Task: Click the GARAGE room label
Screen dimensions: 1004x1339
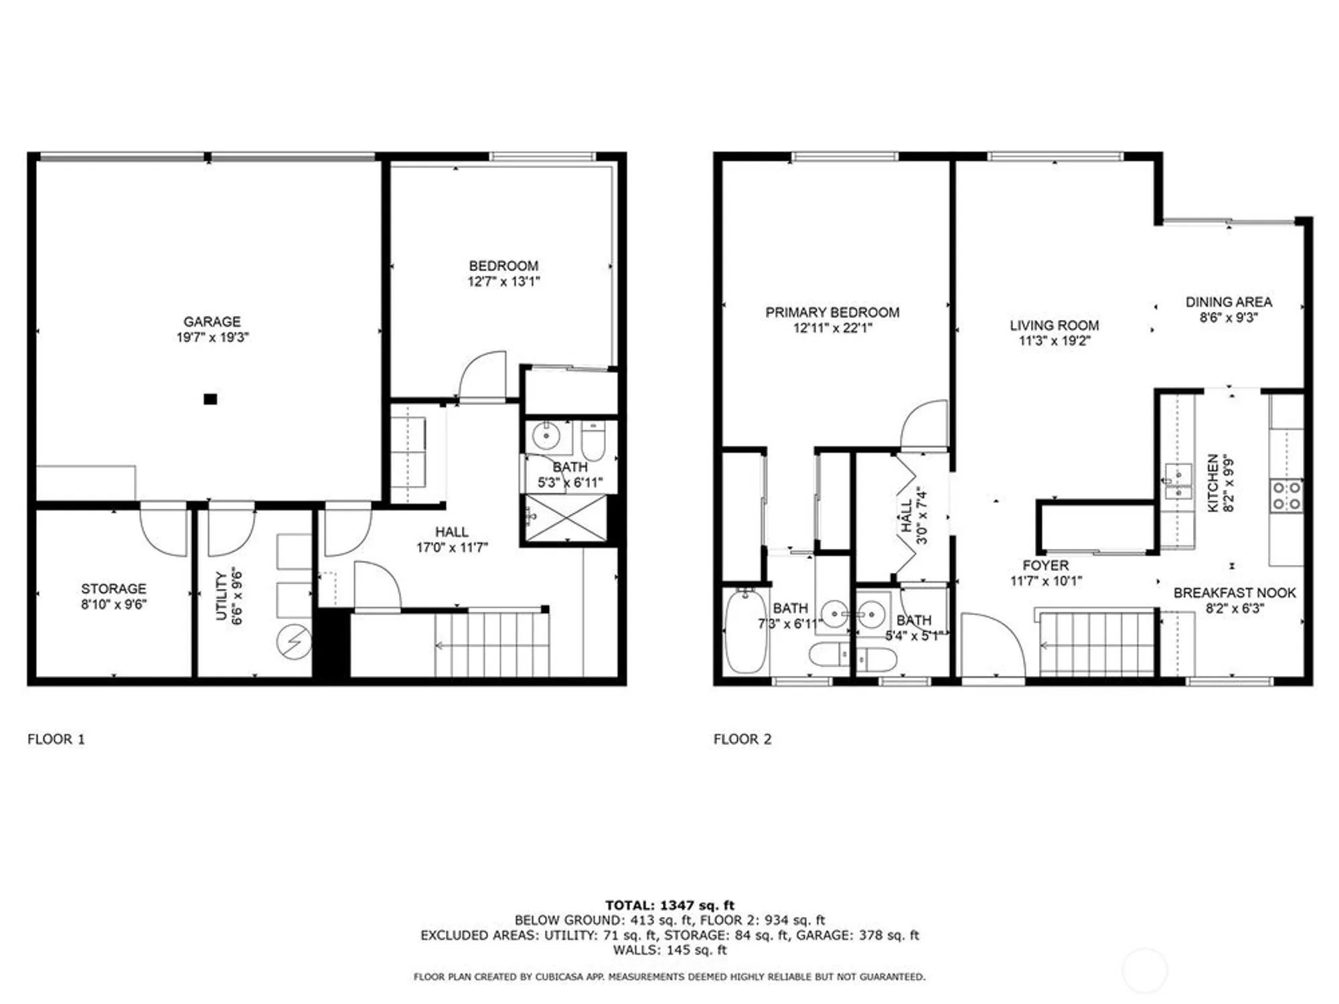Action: [x=212, y=321]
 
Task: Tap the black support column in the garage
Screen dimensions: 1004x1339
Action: [x=210, y=399]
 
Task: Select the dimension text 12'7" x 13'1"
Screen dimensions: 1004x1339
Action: [x=503, y=282]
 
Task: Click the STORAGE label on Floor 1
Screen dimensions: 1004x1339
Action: [x=113, y=588]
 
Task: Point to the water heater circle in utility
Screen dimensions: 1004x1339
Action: [x=294, y=642]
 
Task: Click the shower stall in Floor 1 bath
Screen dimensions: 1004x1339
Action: [x=566, y=519]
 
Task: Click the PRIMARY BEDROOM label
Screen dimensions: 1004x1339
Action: [x=832, y=312]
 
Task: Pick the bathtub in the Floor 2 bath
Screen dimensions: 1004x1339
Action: [x=746, y=631]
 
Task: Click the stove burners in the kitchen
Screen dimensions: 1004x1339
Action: [x=1287, y=496]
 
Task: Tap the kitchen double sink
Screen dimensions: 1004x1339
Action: [x=1178, y=483]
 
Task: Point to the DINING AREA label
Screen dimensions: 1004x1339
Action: [x=1229, y=302]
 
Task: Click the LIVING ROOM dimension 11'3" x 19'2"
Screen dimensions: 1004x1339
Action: [x=1054, y=341]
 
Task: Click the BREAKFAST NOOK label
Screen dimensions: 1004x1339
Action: [x=1235, y=592]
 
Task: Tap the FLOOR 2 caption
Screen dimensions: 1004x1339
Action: [x=742, y=739]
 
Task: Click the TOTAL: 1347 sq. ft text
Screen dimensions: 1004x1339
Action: [x=669, y=905]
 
